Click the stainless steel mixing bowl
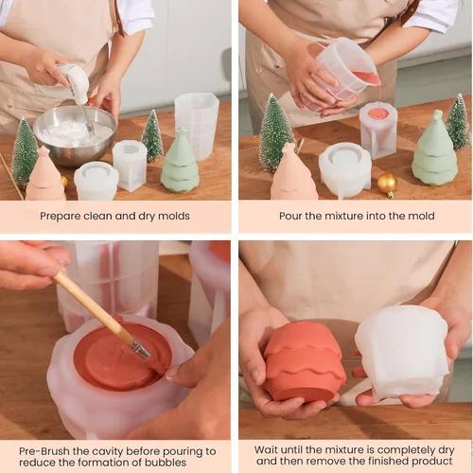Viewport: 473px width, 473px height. [75, 135]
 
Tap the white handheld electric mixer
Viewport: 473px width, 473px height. [76, 82]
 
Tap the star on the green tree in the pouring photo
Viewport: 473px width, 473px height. [437, 115]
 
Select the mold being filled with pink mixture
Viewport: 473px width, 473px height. [378, 130]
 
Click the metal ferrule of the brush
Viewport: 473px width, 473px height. [140, 349]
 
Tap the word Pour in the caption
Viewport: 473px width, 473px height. [290, 216]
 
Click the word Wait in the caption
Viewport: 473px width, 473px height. [267, 450]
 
